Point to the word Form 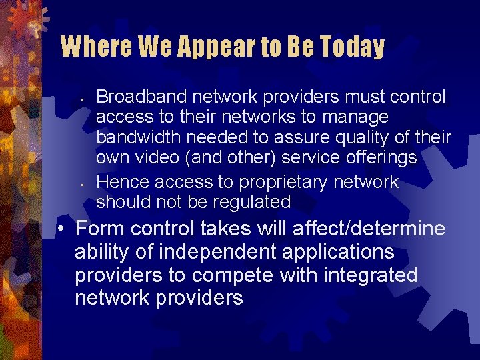100,229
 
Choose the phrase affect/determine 369,229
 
